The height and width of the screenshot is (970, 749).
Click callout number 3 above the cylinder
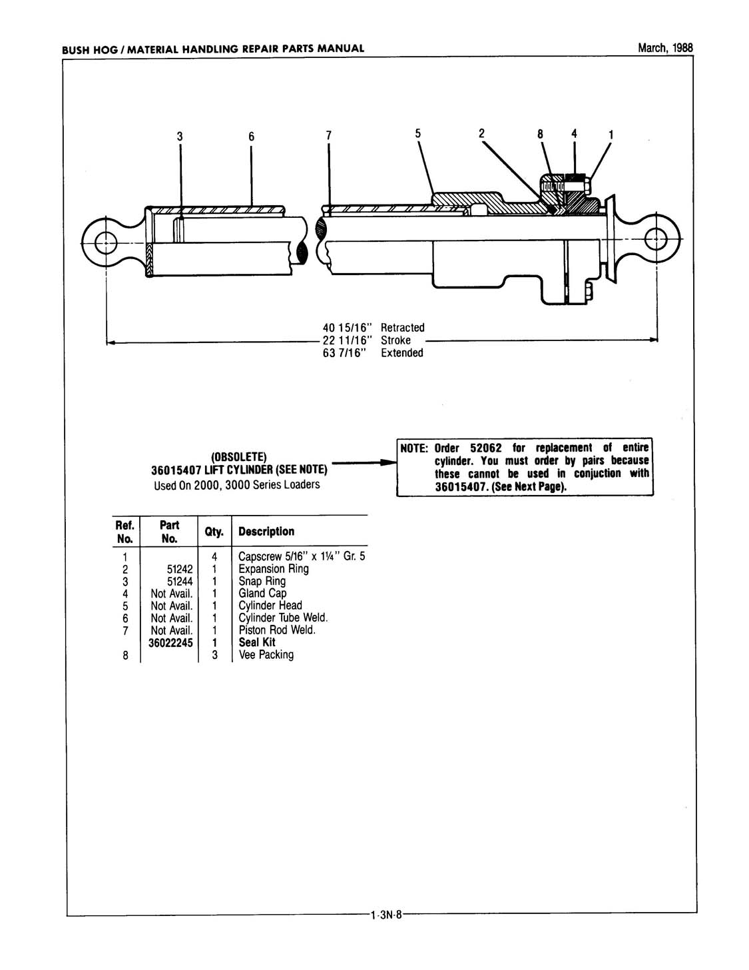(x=180, y=137)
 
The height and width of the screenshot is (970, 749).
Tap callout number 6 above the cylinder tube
(x=251, y=137)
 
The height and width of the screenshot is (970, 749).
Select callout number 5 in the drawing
(x=418, y=133)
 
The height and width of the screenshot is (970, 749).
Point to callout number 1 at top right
(x=611, y=135)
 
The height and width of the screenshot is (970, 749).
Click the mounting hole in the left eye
(x=106, y=243)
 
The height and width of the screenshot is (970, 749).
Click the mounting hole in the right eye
(x=656, y=239)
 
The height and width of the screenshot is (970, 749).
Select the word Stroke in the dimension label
(x=395, y=340)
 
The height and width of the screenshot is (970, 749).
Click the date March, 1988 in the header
(x=665, y=48)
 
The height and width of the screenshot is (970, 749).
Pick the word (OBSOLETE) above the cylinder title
(x=238, y=457)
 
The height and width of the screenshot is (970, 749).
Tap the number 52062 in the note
(x=486, y=448)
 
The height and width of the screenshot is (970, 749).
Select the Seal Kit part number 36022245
(x=171, y=642)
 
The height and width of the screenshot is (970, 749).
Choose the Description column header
(x=266, y=531)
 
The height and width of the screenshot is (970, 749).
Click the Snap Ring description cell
(x=262, y=582)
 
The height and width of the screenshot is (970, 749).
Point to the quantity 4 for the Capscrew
(x=214, y=557)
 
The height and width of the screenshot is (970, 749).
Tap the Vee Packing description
(x=266, y=655)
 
